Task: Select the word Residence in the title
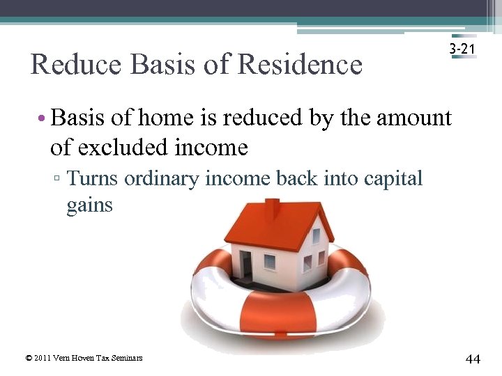(300, 65)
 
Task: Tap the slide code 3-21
(463, 50)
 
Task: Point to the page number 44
(472, 359)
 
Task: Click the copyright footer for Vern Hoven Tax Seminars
(84, 358)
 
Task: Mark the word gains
(89, 206)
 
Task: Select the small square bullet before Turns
(61, 180)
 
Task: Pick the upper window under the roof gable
(316, 236)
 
